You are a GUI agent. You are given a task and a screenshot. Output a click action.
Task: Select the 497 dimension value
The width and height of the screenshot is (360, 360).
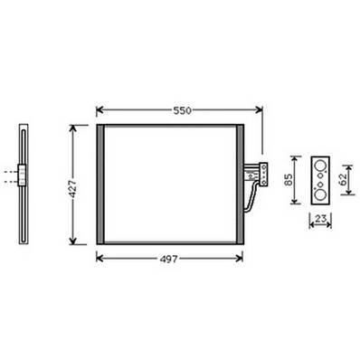(x=169, y=258)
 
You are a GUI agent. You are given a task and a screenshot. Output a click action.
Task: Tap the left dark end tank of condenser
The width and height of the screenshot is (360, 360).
(x=99, y=185)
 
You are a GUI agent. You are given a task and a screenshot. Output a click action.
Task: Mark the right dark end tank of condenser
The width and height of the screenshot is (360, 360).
(x=241, y=185)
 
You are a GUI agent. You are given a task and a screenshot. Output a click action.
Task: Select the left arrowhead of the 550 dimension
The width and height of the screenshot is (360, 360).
(x=98, y=109)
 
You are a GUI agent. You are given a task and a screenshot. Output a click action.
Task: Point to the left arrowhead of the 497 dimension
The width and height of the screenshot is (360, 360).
(x=98, y=258)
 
